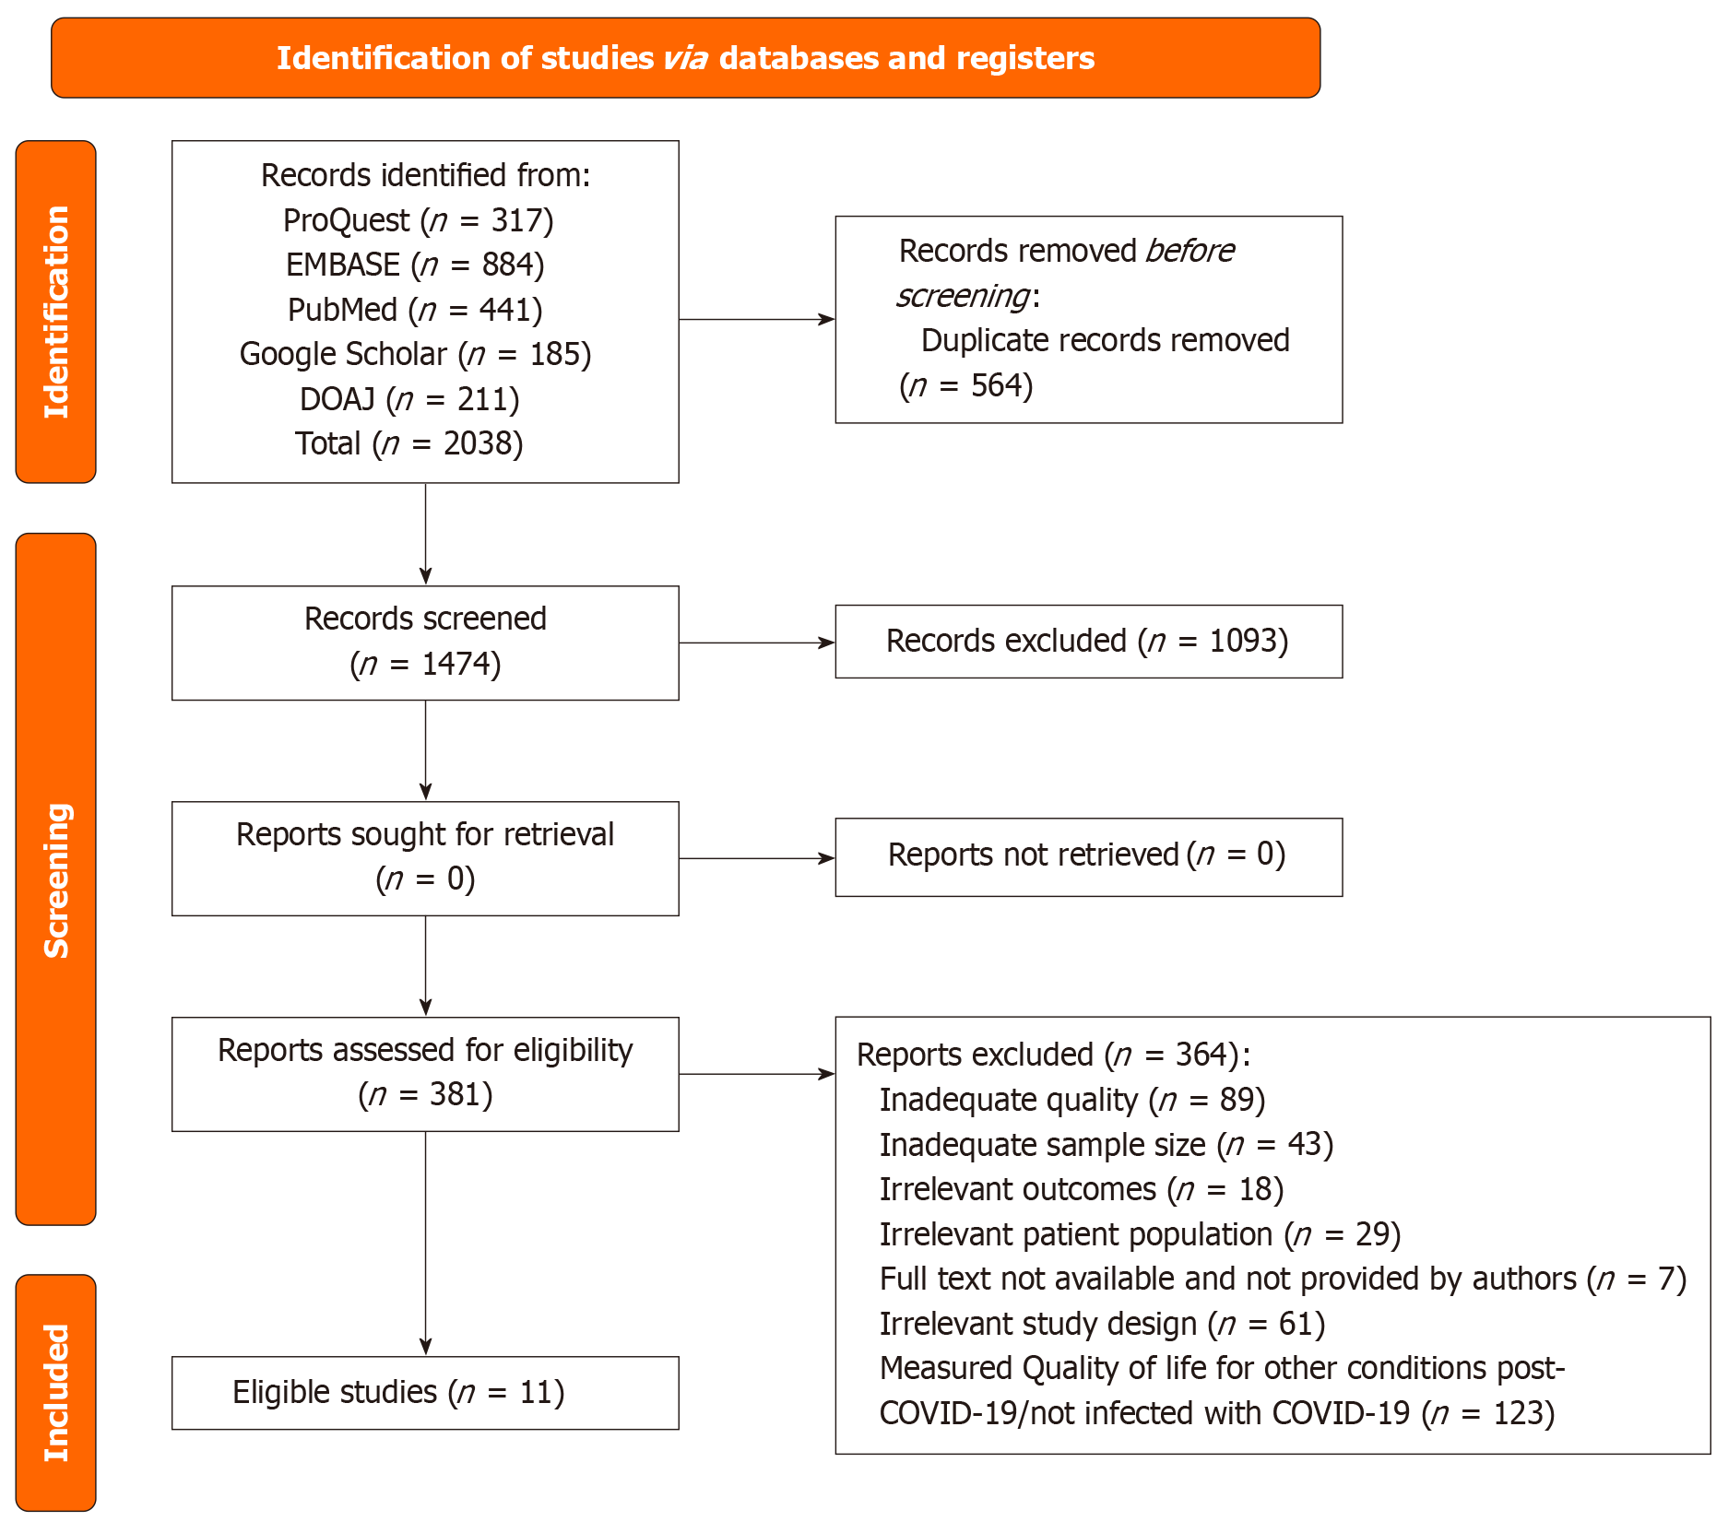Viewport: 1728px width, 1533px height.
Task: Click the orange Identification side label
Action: [56, 312]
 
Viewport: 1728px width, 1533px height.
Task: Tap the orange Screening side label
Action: [56, 879]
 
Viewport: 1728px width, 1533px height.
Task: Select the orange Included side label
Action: [56, 1392]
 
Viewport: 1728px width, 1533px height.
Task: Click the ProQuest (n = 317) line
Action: [418, 220]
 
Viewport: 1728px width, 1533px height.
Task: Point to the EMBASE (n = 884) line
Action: [415, 265]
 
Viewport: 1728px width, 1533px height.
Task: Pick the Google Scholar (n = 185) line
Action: [415, 354]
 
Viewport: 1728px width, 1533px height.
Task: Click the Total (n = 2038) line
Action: [409, 443]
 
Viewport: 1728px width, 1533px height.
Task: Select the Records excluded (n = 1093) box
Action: [1088, 642]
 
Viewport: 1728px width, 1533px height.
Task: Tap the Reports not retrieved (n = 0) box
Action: [1088, 855]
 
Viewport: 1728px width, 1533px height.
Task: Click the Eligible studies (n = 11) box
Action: [425, 1392]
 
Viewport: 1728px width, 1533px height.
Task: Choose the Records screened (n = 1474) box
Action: [425, 642]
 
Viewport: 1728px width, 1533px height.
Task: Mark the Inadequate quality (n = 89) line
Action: [1071, 1100]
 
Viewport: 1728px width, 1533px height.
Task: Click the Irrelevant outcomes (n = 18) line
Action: [1081, 1189]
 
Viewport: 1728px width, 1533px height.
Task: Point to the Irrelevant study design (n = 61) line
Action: [1102, 1324]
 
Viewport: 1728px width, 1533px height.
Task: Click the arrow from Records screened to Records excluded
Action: [756, 643]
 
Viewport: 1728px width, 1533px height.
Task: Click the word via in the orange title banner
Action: [685, 58]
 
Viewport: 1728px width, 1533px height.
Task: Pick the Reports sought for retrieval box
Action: [425, 857]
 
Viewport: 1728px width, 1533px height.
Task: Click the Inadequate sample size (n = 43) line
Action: [1106, 1145]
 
